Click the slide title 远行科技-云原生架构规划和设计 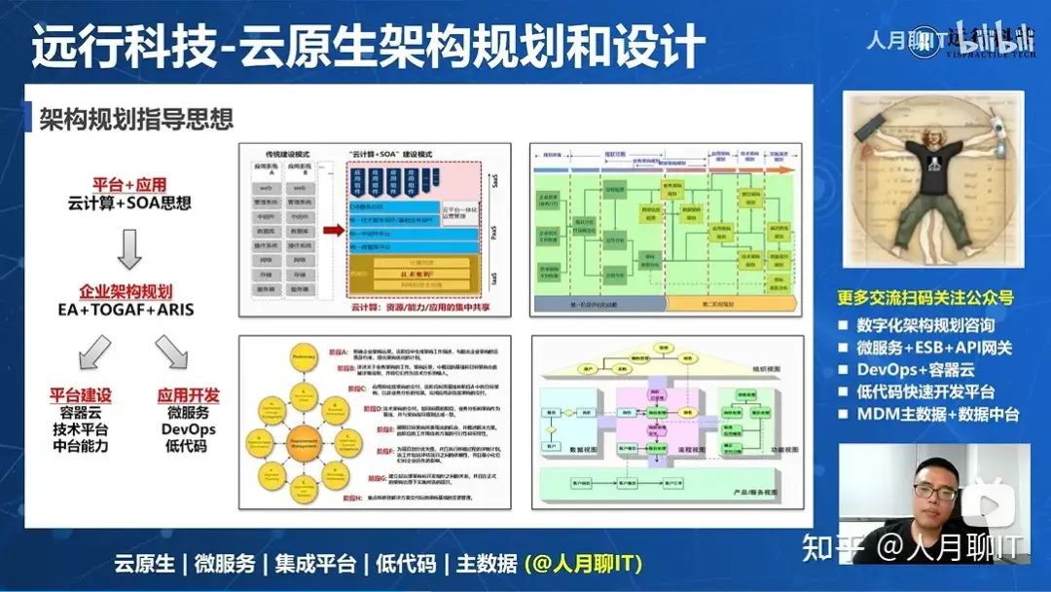(368, 47)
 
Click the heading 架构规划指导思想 (136, 119)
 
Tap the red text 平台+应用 (129, 184)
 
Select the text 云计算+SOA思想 (129, 204)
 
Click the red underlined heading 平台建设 (81, 395)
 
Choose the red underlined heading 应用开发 (188, 395)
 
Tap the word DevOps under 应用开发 (188, 429)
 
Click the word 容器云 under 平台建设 (81, 413)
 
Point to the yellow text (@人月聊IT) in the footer (583, 564)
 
